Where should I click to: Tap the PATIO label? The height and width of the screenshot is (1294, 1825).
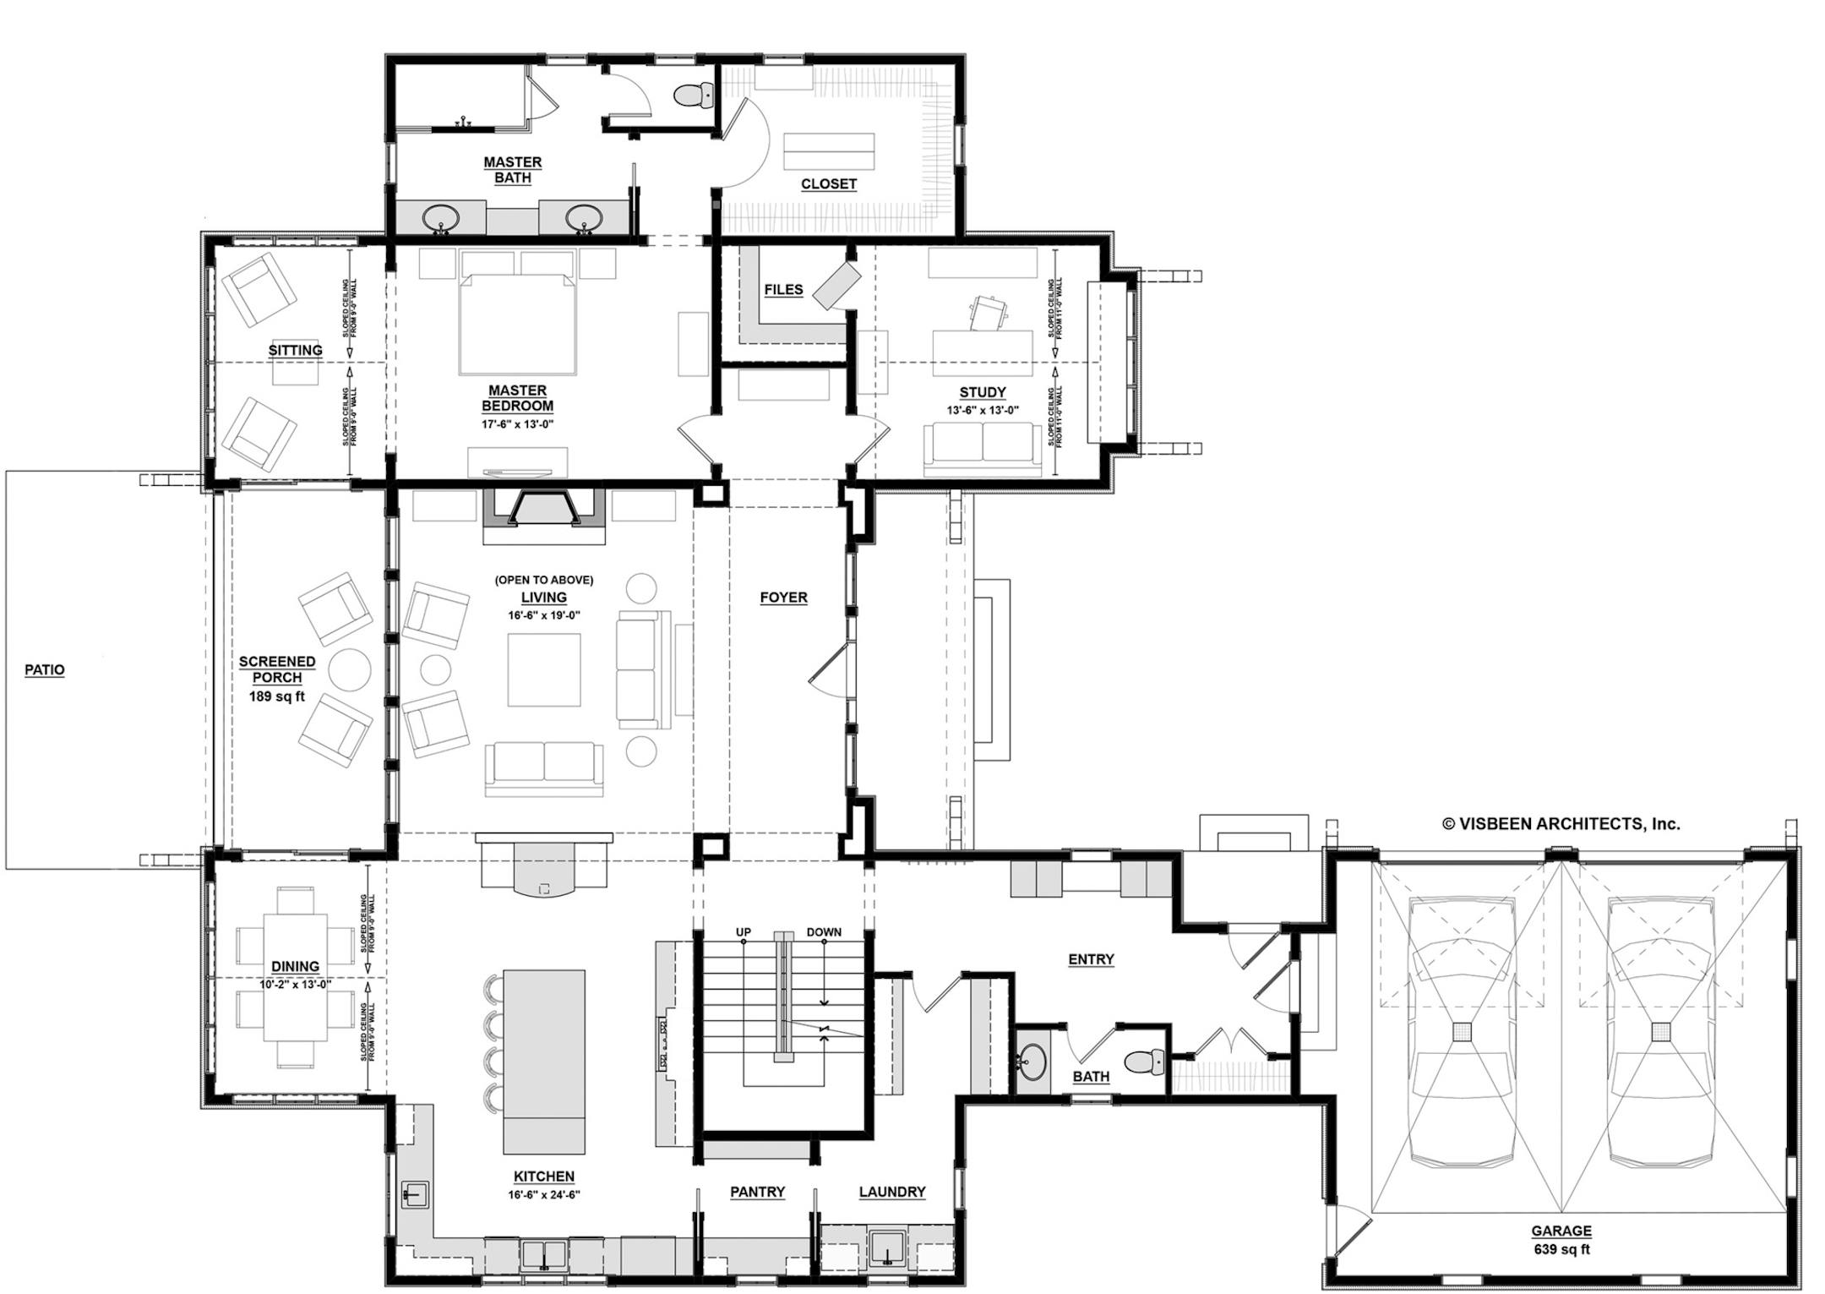click(44, 669)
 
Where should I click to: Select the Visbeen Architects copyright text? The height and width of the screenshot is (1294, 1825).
click(1561, 823)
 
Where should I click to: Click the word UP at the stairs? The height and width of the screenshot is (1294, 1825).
click(743, 932)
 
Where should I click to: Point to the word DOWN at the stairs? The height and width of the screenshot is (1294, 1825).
click(823, 932)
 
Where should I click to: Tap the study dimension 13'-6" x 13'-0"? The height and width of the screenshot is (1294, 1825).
click(982, 410)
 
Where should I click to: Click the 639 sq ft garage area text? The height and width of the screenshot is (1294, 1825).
click(1561, 1249)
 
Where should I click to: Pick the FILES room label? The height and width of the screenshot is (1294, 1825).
click(783, 289)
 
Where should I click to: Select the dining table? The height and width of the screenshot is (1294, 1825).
click(295, 978)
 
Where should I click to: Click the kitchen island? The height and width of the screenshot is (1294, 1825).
click(544, 1061)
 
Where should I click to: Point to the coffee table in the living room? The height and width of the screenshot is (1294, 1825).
click(543, 669)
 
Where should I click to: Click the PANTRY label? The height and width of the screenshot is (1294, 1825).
click(757, 1192)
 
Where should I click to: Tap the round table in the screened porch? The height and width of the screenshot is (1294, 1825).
click(349, 670)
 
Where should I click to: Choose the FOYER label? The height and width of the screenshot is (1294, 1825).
click(783, 598)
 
